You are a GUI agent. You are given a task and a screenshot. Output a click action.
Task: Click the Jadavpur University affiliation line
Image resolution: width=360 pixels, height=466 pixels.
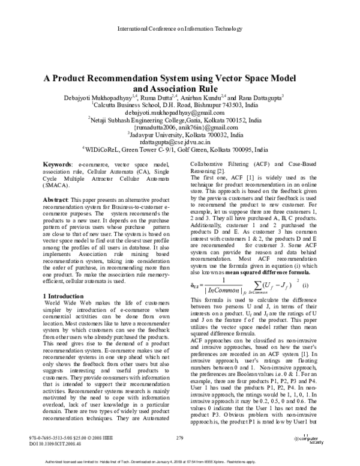[x=179, y=135]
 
